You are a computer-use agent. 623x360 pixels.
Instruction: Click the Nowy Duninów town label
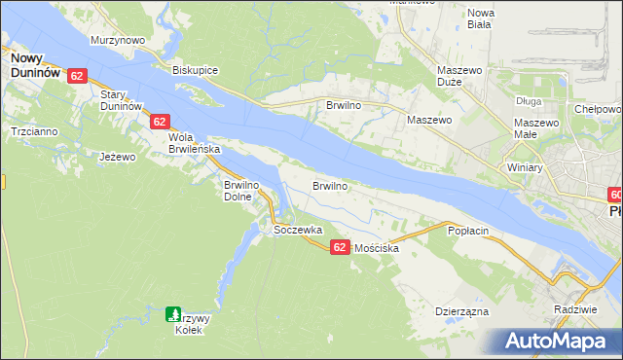[33, 65]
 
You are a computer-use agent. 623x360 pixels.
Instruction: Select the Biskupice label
[194, 71]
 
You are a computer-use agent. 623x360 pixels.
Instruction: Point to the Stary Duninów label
[122, 99]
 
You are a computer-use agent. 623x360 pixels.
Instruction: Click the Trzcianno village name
[33, 130]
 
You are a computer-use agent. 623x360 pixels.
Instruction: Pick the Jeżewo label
[116, 156]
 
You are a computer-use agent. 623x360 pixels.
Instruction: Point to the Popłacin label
[467, 231]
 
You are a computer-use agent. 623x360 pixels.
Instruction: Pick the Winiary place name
[524, 167]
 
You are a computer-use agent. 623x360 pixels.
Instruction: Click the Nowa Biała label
[481, 18]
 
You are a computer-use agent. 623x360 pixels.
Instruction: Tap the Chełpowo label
[596, 110]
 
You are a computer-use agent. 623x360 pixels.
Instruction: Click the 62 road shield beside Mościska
[339, 248]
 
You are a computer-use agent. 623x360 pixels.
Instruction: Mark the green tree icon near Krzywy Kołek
[172, 313]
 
